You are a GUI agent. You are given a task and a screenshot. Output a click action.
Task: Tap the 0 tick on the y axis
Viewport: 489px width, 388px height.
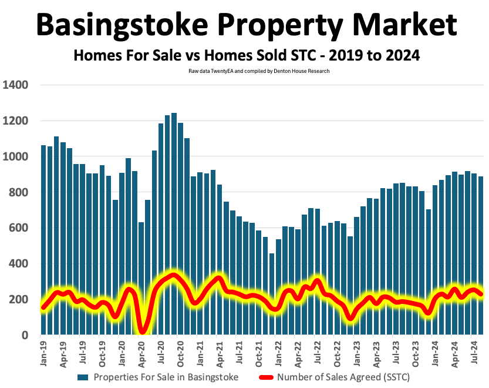click(x=25, y=335)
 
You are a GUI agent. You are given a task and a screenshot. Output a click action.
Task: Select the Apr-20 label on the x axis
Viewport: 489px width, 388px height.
click(x=141, y=354)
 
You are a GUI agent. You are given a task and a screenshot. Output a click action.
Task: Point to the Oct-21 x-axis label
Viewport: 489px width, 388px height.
click(x=258, y=354)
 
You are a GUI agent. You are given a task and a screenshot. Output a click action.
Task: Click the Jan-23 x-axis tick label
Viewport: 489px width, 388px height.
click(x=356, y=354)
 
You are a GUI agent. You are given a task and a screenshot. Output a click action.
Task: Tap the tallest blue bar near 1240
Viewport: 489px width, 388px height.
click(x=174, y=223)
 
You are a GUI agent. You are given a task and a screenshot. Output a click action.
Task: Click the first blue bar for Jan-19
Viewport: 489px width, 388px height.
click(x=43, y=235)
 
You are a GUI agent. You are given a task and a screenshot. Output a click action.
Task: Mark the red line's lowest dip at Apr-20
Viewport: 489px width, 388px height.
click(x=141, y=331)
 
